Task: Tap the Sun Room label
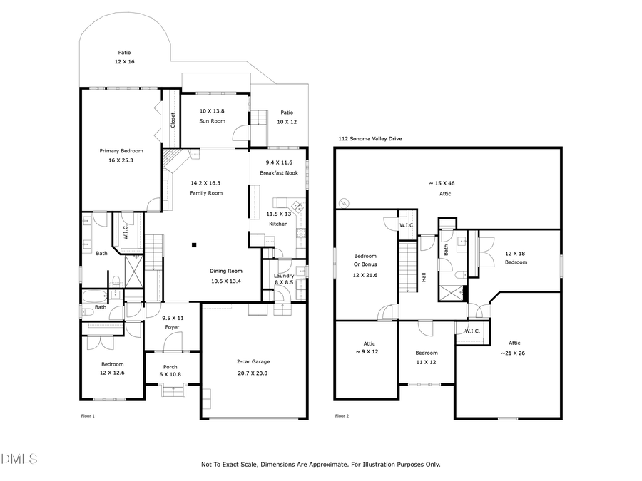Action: coord(212,121)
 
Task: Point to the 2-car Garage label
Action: coord(253,361)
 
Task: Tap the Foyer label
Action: coord(171,327)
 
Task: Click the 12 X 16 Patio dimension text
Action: coord(126,62)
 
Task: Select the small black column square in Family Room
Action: coord(193,246)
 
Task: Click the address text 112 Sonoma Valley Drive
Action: coord(371,139)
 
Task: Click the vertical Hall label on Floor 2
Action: coord(424,276)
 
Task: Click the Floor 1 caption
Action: coord(88,415)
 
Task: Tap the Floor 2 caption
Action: coord(342,415)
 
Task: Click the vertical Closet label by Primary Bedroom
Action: coord(172,120)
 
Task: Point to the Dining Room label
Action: coord(225,271)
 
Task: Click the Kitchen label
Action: coord(277,224)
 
